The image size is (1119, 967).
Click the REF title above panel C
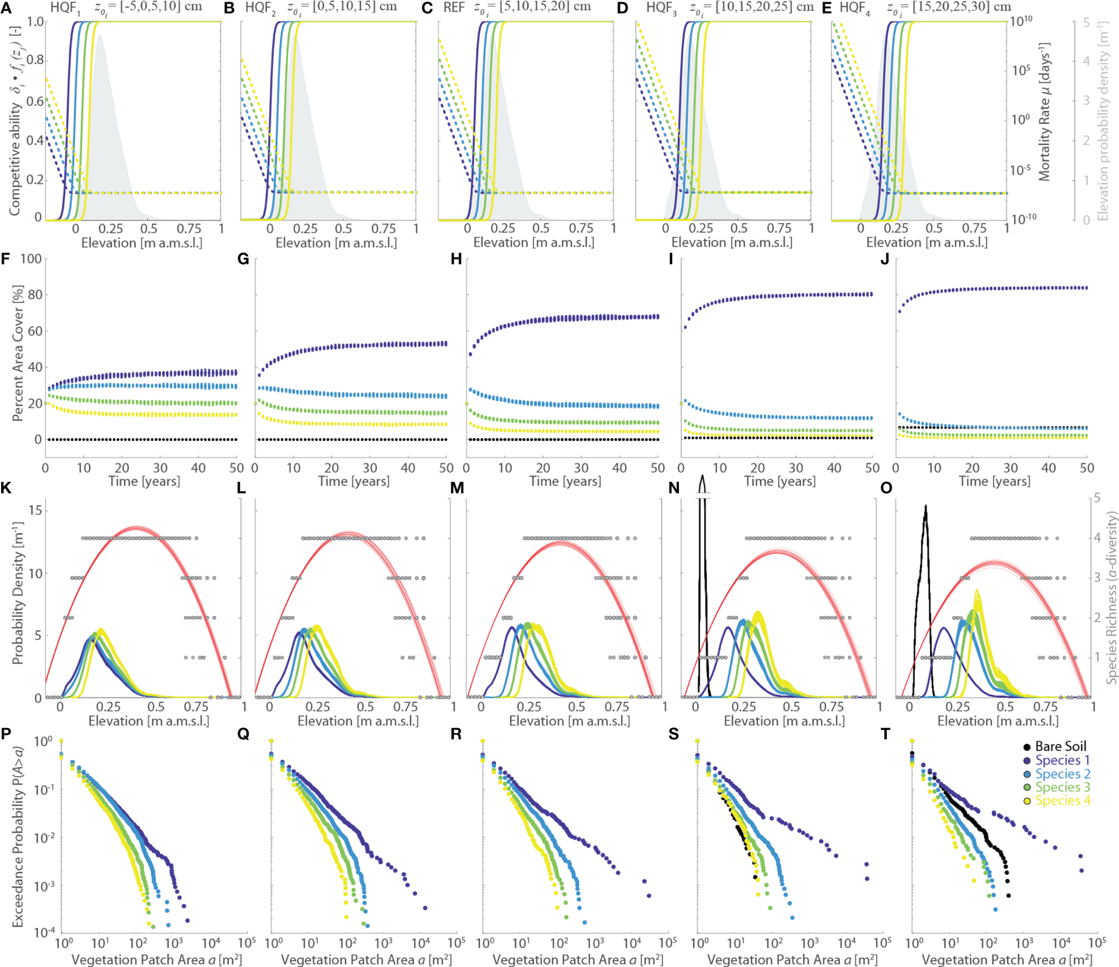[454, 8]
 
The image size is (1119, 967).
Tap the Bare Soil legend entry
[1055, 747]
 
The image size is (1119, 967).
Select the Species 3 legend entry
[1057, 787]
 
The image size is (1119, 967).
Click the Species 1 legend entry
[1057, 760]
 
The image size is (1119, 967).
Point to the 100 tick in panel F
[31, 259]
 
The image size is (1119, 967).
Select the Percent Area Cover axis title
[18, 354]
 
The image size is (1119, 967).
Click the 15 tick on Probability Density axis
[35, 510]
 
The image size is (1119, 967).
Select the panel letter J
[885, 259]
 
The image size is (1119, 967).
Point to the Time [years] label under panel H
[565, 481]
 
